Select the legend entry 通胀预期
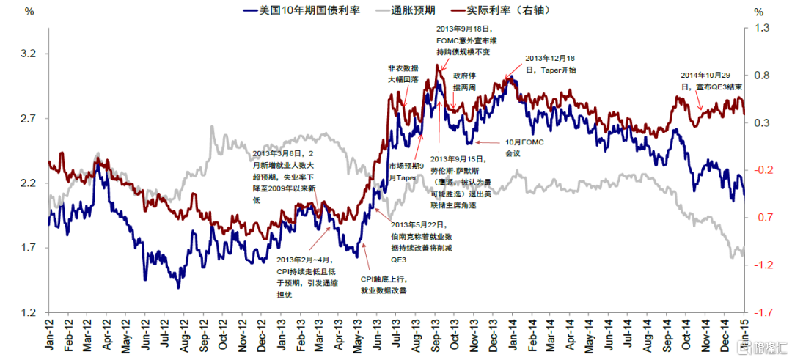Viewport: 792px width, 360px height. pyautogui.click(x=414, y=11)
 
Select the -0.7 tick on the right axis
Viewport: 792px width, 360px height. pyautogui.click(x=763, y=218)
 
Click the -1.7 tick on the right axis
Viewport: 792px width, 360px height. pyautogui.click(x=763, y=313)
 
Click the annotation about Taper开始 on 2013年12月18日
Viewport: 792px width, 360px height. pyautogui.click(x=550, y=65)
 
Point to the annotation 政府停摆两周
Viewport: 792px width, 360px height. pyautogui.click(x=464, y=81)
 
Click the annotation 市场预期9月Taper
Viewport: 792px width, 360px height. pyautogui.click(x=406, y=171)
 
